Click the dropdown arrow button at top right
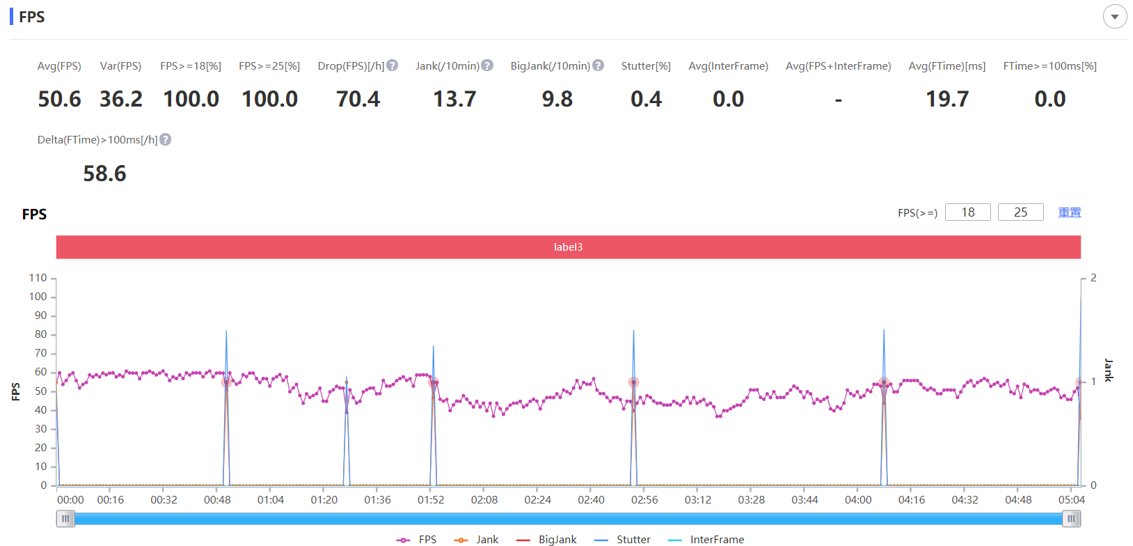coord(1115,17)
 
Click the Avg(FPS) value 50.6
coord(59,99)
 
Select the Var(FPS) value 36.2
coord(121,99)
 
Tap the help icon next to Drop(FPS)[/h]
coord(392,65)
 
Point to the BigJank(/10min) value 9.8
coord(557,99)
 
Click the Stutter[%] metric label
coord(646,65)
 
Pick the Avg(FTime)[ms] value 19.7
coord(947,99)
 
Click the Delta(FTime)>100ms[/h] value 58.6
coord(104,173)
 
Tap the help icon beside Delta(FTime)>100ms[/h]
coord(166,140)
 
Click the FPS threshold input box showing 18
coord(967,212)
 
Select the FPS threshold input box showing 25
coord(1020,212)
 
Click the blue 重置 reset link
coord(1069,212)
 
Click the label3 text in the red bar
coord(568,247)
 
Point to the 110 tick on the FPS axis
coord(38,278)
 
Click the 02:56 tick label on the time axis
coord(644,500)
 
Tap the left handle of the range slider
coord(65,519)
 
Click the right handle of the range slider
coord(1071,519)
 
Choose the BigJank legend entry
coord(546,540)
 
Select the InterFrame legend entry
coord(706,540)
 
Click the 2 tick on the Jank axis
coord(1093,278)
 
